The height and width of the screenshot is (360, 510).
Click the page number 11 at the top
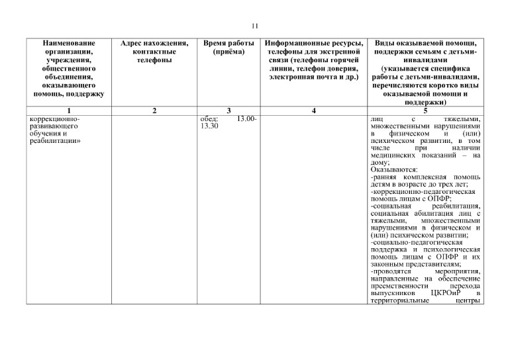pyautogui.click(x=254, y=26)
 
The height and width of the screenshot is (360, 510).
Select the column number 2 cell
pyautogui.click(x=154, y=110)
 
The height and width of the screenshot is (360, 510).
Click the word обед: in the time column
pyautogui.click(x=209, y=118)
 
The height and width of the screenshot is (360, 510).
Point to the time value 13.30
pyautogui.click(x=209, y=126)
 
